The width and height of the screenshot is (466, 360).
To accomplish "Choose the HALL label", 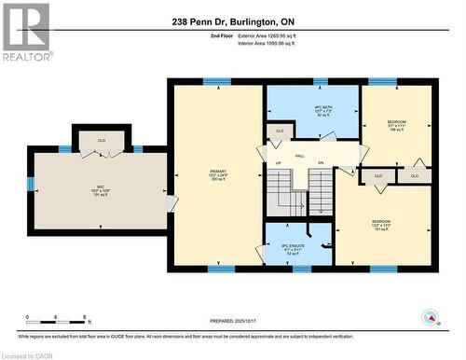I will (x=300, y=156).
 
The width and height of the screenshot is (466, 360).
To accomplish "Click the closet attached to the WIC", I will (x=103, y=142).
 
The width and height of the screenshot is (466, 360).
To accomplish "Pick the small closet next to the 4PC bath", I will (x=279, y=132).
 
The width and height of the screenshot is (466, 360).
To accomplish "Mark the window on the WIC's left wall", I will (x=30, y=184).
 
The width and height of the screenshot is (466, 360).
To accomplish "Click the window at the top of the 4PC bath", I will (x=321, y=82).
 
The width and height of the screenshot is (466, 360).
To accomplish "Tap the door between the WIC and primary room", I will (x=169, y=202).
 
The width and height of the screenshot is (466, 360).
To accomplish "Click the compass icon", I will (x=432, y=317).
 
